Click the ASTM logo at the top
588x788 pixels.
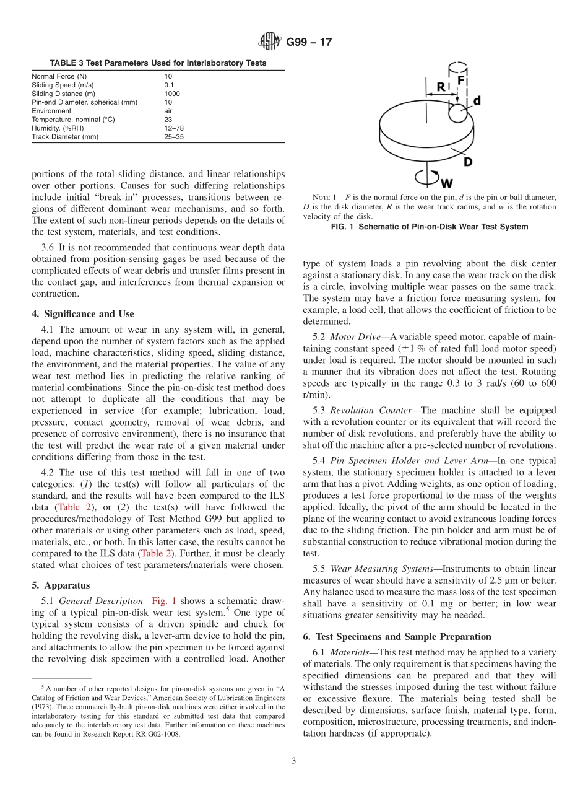[x=270, y=42]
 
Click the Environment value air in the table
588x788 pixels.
[x=168, y=111]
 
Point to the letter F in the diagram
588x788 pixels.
[x=461, y=81]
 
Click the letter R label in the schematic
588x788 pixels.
[x=441, y=87]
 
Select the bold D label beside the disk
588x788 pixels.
[x=468, y=162]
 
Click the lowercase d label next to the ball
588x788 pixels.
[x=477, y=100]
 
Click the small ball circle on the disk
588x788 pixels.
[x=459, y=113]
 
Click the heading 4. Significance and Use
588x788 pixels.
[x=82, y=314]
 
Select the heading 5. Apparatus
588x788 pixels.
[x=61, y=585]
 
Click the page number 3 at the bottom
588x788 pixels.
[x=294, y=761]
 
